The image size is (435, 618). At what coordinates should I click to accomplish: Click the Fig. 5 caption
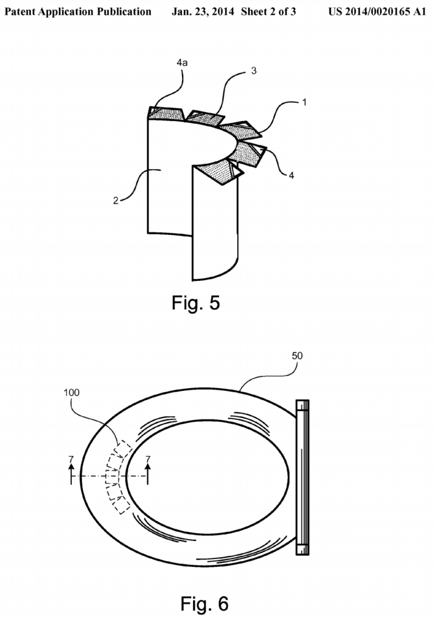pos(195,303)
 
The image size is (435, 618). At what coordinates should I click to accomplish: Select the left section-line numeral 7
pos(71,460)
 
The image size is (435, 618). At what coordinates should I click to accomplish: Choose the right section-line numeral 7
pos(148,460)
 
